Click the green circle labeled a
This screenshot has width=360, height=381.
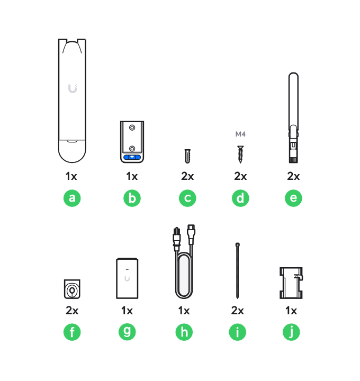click(72, 198)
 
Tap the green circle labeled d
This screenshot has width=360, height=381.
click(240, 198)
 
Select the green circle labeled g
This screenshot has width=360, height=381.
click(127, 332)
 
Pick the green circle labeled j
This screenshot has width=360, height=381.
click(291, 332)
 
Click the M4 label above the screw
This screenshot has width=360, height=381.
click(240, 134)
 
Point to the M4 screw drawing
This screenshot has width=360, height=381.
click(240, 155)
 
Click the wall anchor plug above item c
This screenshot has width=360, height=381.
click(187, 156)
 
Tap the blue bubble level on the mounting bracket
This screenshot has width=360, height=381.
click(132, 157)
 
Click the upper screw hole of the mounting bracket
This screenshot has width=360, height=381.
click(132, 128)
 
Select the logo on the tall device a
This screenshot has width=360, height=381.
click(73, 89)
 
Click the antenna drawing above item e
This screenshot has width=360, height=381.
click(293, 117)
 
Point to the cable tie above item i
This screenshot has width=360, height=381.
click(238, 270)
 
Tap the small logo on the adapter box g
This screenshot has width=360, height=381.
click(127, 278)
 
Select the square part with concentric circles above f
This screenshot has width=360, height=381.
click(72, 289)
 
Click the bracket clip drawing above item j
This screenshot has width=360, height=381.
click(291, 283)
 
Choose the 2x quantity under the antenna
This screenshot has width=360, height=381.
click(293, 176)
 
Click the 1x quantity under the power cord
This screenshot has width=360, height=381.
click(184, 311)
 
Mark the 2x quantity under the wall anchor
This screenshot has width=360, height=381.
click(187, 176)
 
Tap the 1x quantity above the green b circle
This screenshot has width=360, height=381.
click(132, 176)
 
